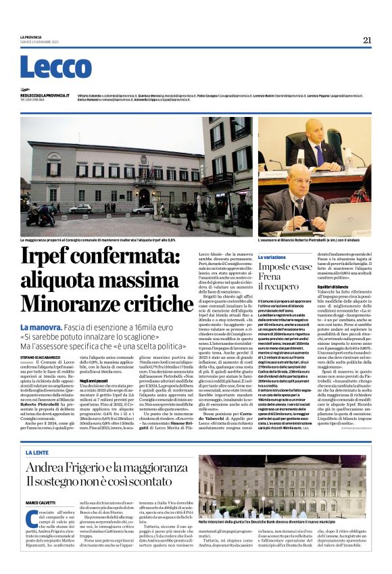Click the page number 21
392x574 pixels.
367,40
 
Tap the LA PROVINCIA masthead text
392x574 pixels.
31,37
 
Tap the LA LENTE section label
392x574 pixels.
36,452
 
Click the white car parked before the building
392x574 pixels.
80,209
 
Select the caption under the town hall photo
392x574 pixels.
98,240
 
